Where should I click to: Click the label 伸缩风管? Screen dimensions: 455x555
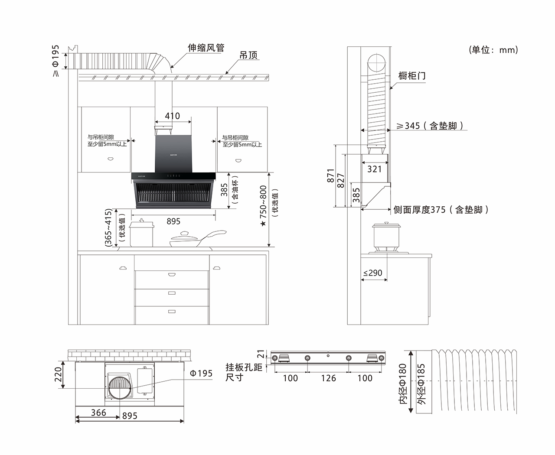(206, 48)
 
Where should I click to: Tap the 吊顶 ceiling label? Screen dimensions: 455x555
(248, 55)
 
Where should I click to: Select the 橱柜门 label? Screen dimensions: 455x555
(412, 76)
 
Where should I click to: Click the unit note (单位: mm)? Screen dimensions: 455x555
(493, 50)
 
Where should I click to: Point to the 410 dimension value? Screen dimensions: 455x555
(172, 116)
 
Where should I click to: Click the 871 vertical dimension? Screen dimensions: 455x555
(331, 175)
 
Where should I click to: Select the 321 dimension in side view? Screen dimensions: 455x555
(375, 169)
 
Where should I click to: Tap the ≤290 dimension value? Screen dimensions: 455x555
(372, 273)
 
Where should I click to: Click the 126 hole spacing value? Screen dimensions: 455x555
(328, 378)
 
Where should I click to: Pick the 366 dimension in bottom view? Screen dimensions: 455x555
(98, 413)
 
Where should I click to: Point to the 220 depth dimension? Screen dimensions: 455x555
(59, 375)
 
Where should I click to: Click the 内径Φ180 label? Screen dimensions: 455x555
(402, 384)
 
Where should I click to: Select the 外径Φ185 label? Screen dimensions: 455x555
(421, 384)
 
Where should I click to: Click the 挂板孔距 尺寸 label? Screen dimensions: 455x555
(244, 372)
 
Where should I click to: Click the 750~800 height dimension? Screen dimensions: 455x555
(263, 204)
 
